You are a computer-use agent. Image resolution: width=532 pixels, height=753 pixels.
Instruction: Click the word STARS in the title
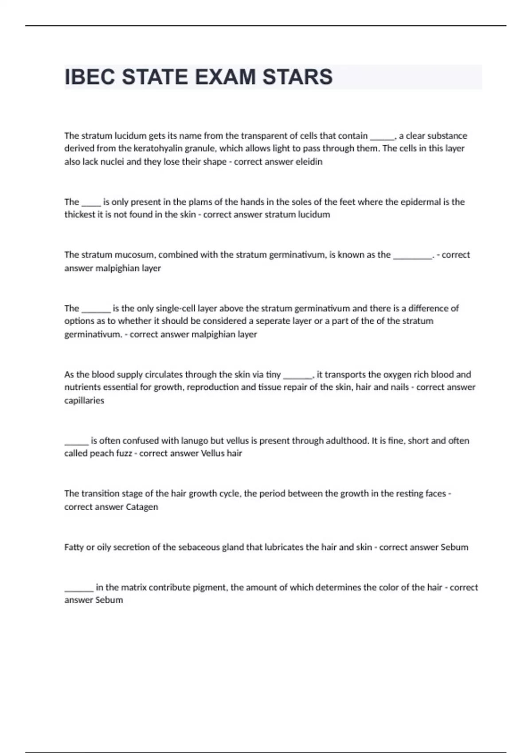tap(297, 77)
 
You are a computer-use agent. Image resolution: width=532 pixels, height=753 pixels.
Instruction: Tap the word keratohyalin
tap(158, 148)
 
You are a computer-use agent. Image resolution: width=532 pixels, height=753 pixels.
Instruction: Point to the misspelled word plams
tap(200, 202)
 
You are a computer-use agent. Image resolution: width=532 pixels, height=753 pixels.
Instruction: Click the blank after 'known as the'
tap(412, 256)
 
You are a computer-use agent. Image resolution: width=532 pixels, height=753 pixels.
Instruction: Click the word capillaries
tap(84, 400)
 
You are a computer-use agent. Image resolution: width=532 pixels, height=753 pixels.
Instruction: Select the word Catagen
tap(142, 507)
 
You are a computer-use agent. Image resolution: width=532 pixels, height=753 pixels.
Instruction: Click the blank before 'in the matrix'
tap(79, 588)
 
